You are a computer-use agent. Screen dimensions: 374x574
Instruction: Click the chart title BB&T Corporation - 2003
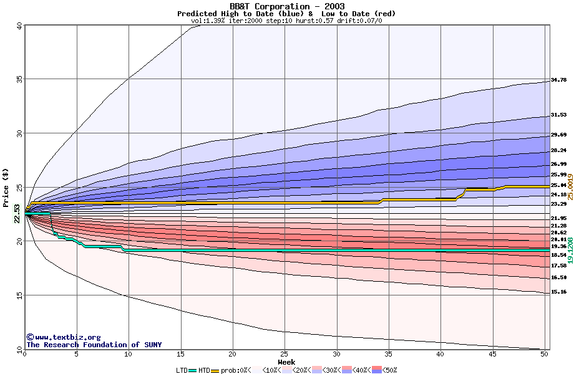[x=287, y=6]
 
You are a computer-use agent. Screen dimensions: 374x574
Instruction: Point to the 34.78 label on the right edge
[x=558, y=80]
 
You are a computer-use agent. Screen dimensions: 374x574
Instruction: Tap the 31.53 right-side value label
[x=558, y=115]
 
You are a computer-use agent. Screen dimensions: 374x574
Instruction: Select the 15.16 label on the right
[x=558, y=292]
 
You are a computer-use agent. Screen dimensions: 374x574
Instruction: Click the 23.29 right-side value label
[x=558, y=204]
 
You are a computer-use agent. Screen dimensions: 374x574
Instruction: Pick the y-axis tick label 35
[x=19, y=79]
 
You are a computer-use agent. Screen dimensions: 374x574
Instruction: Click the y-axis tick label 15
[x=19, y=295]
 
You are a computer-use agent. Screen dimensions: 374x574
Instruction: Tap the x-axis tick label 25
[x=285, y=354]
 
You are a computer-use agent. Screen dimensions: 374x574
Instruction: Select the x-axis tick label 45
[x=492, y=354]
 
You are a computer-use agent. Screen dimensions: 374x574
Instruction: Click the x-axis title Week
[x=286, y=362]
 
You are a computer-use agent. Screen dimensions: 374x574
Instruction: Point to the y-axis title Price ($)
[x=6, y=187]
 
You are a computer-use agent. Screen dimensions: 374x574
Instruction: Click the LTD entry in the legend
[x=183, y=370]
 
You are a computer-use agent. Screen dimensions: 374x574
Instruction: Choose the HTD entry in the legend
[x=204, y=370]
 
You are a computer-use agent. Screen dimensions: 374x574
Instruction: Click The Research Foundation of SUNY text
[x=94, y=345]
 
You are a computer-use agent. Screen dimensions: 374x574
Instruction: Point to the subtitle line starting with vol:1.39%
[x=286, y=21]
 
